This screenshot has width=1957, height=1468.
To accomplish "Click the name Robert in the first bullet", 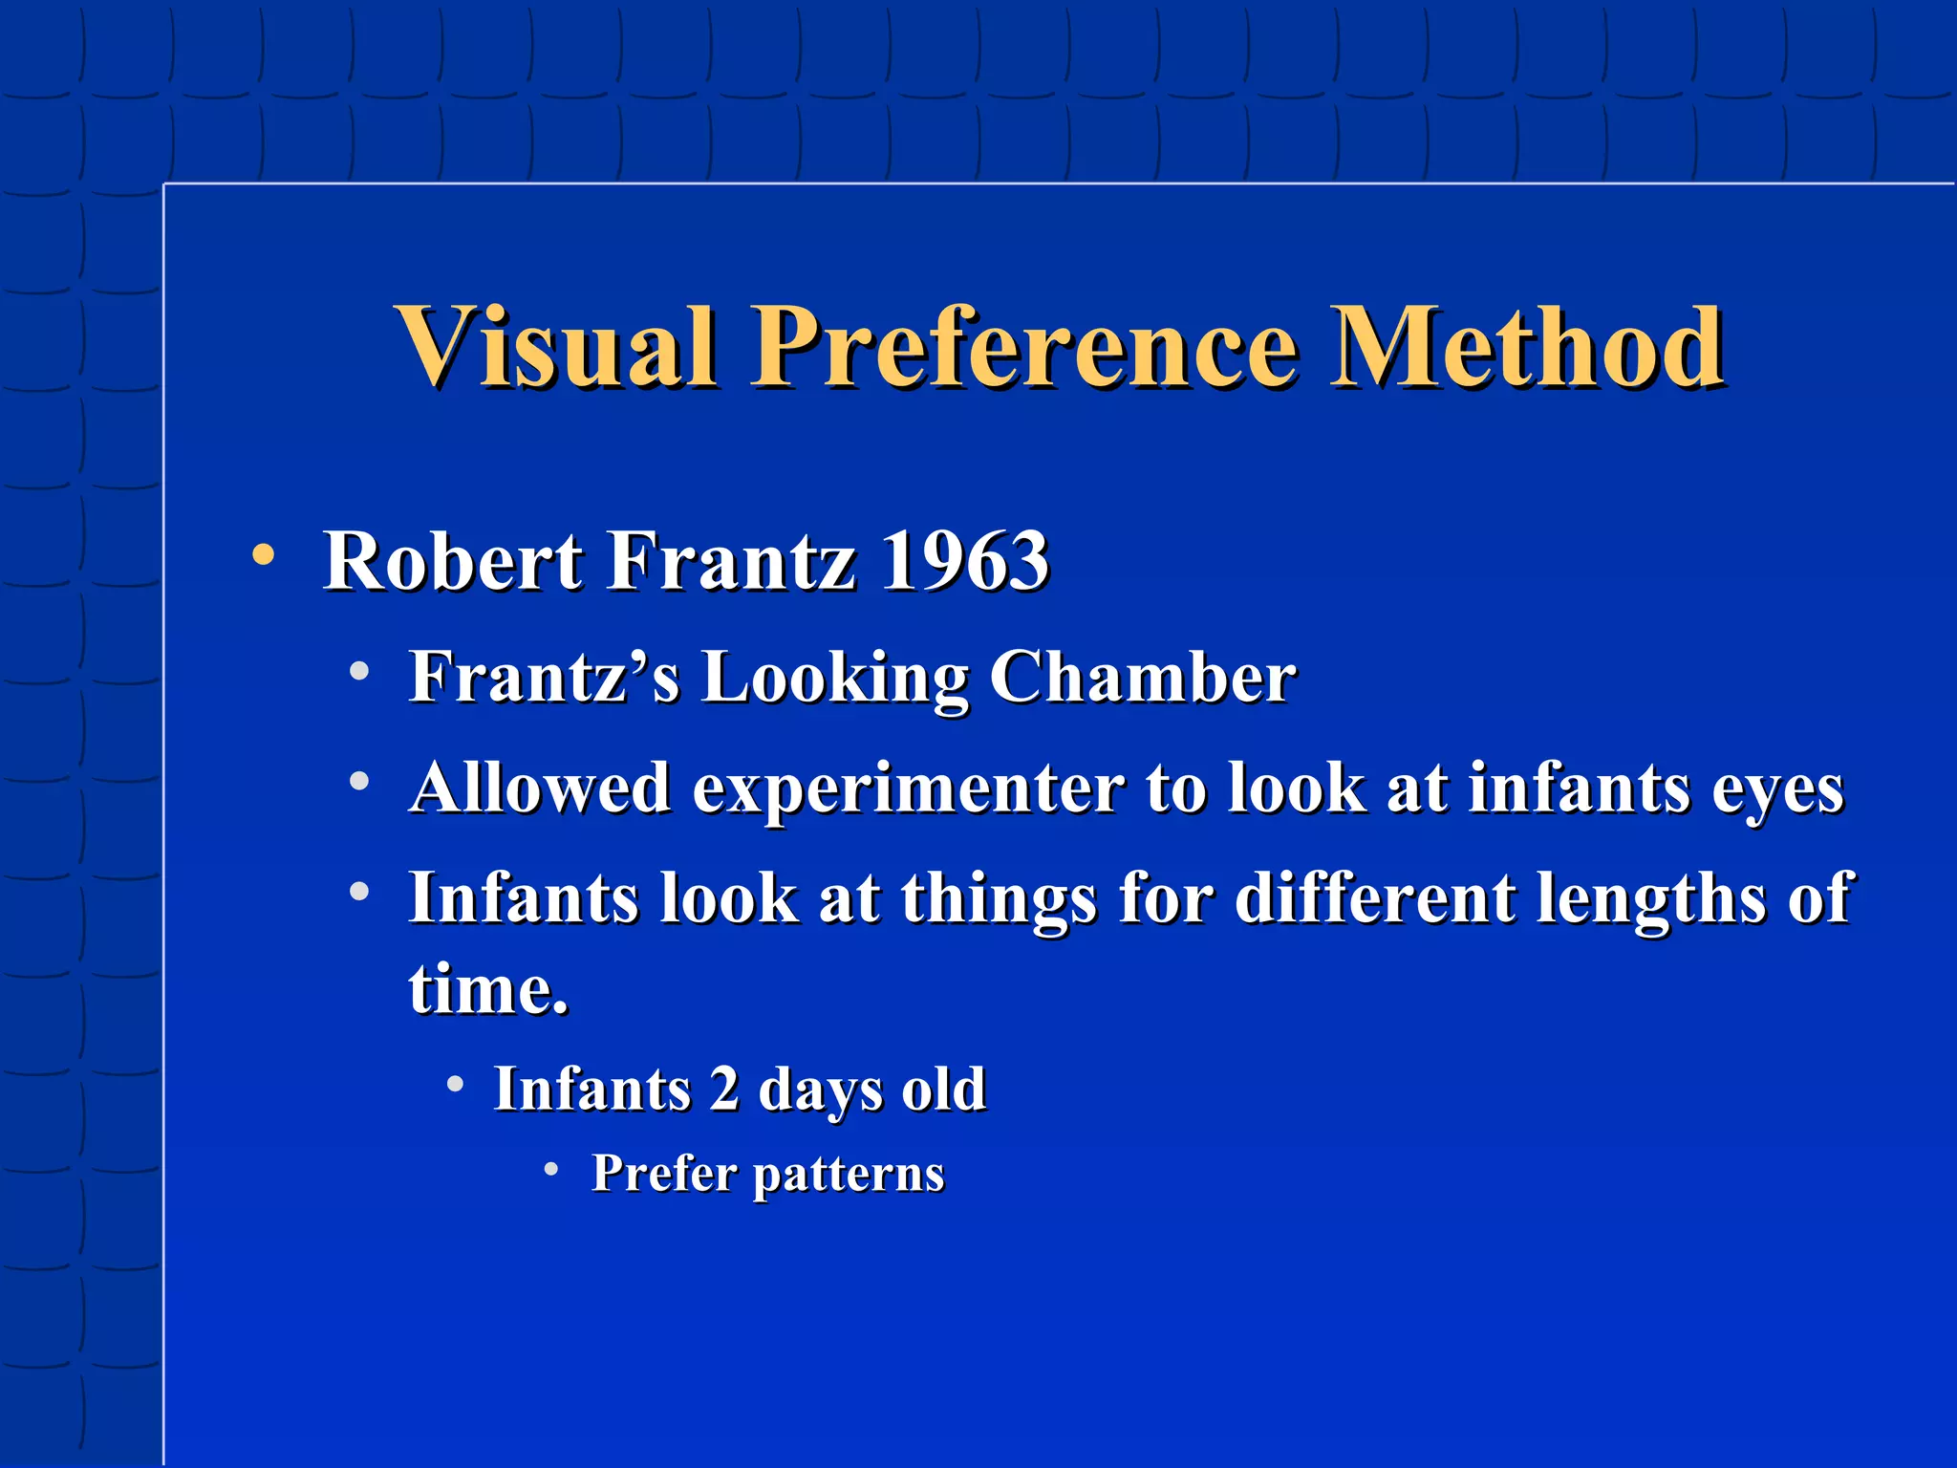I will [x=452, y=561].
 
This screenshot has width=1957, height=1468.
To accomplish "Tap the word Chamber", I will [x=1142, y=678].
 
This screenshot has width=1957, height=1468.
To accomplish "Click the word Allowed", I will [x=540, y=788].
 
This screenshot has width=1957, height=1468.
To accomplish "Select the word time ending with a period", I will [x=488, y=988].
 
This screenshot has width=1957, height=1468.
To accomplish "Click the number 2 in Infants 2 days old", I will [x=724, y=1089].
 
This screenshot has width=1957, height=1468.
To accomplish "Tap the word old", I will [x=943, y=1089].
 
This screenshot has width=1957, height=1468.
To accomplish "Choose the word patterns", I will [x=849, y=1175].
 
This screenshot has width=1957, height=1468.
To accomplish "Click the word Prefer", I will [x=663, y=1174].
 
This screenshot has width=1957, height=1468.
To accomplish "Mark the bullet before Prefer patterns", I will [x=550, y=1168].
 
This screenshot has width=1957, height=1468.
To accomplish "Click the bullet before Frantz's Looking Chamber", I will [x=359, y=672].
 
